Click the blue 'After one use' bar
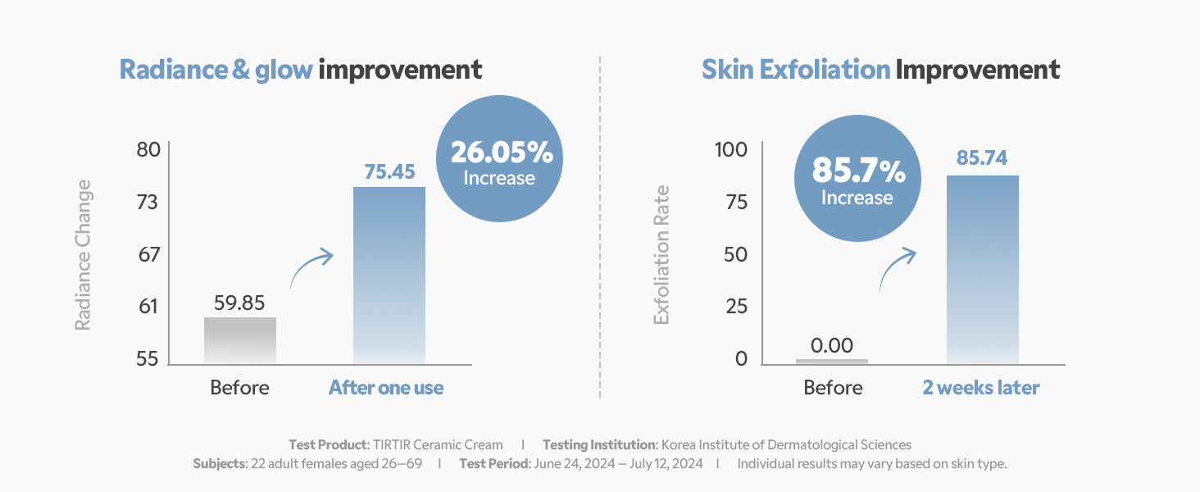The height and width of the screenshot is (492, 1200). (389, 275)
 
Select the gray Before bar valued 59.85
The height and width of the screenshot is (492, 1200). (239, 340)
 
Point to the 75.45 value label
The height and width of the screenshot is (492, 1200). (389, 171)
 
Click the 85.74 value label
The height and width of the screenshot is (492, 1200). (982, 158)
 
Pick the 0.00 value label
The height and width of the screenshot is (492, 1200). (831, 346)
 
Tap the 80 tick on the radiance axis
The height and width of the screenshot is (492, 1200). (148, 151)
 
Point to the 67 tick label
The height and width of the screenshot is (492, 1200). (148, 255)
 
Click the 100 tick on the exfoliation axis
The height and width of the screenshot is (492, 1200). (731, 151)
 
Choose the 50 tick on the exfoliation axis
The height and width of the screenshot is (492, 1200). (736, 255)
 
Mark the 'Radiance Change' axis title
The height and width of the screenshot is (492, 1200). (83, 255)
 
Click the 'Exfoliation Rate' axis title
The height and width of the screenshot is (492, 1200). (661, 255)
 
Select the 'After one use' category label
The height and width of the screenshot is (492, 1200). (386, 388)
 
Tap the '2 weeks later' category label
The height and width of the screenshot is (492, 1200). (981, 388)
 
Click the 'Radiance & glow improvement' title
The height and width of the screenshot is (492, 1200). (301, 70)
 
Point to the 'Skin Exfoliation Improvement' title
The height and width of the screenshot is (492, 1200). (880, 70)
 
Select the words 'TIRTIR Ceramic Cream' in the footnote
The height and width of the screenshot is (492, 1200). (437, 444)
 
